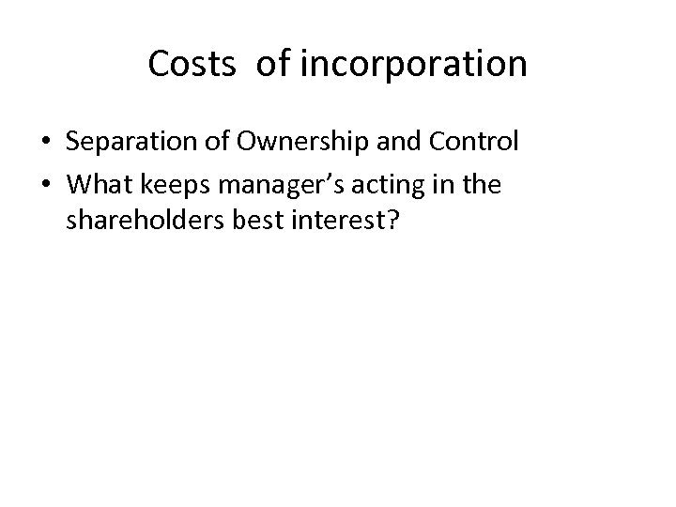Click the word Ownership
click(x=284, y=142)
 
